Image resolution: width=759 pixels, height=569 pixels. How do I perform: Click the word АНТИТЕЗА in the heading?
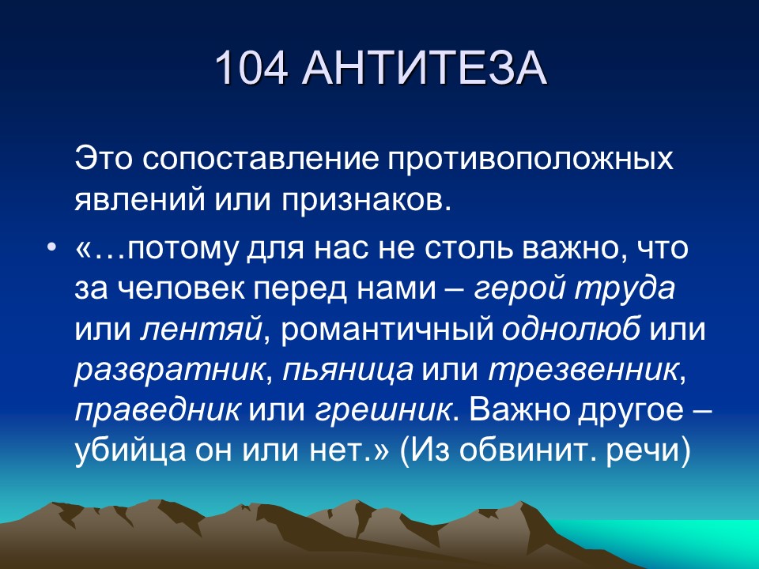[424, 69]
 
